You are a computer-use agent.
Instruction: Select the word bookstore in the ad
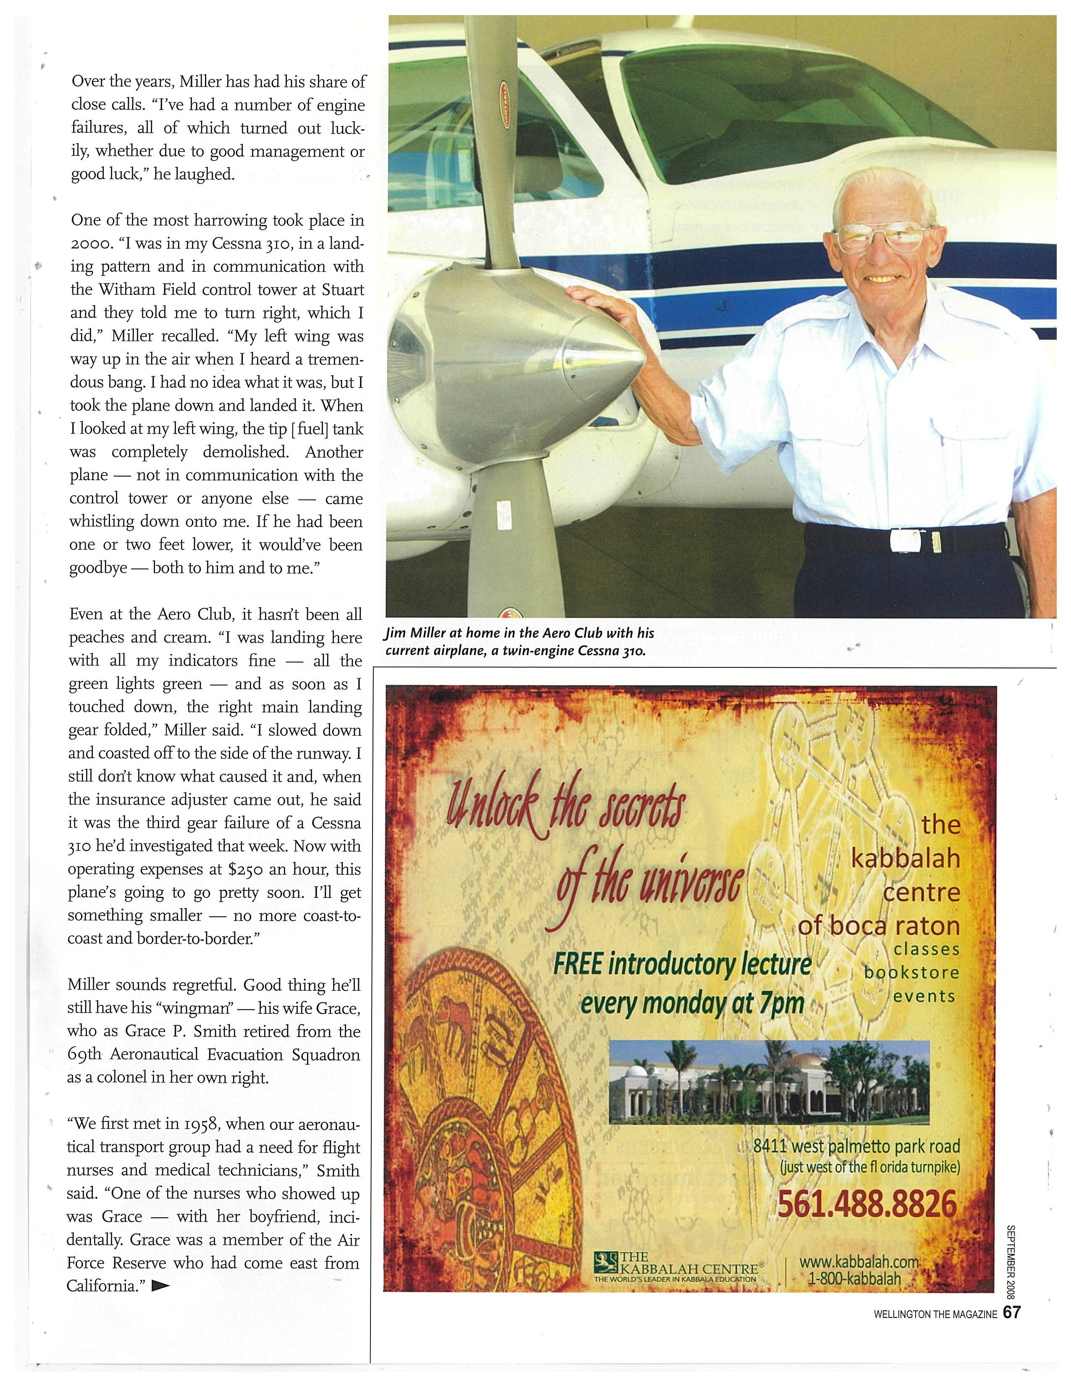912,972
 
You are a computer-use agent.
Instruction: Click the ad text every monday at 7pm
693,1003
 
